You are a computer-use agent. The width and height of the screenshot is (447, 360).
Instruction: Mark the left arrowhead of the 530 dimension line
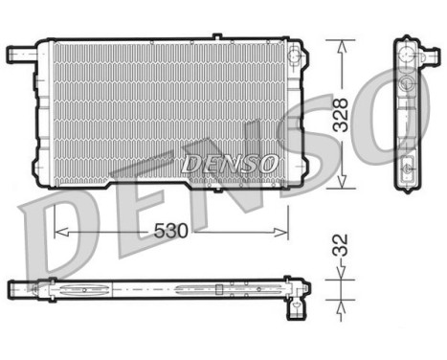(x=56, y=231)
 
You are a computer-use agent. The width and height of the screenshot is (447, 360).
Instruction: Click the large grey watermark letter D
(x=57, y=235)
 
